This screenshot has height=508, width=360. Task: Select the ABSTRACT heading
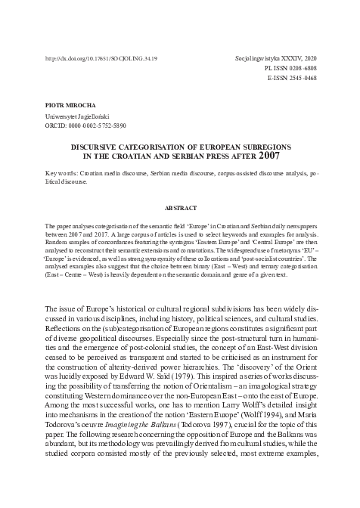point(179,206)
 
